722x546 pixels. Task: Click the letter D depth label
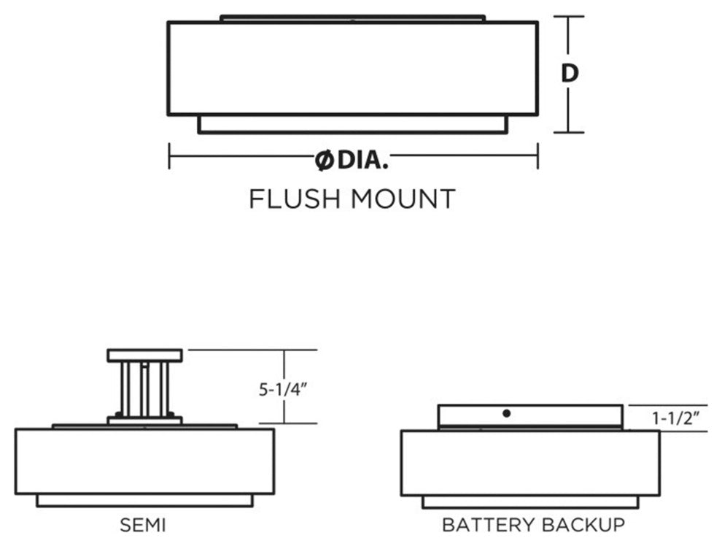(x=571, y=73)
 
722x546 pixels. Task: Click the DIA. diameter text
(x=362, y=161)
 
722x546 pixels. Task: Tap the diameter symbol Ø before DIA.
(x=325, y=161)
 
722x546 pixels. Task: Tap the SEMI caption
(x=144, y=524)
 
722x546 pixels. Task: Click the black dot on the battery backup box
(x=507, y=414)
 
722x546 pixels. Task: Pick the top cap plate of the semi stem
(x=144, y=355)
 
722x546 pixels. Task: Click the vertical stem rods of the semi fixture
(x=144, y=388)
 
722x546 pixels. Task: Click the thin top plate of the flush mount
(x=352, y=18)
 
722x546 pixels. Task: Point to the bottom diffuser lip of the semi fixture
(x=144, y=501)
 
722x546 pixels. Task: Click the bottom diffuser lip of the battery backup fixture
(x=530, y=502)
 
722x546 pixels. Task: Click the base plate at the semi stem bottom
(x=144, y=420)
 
